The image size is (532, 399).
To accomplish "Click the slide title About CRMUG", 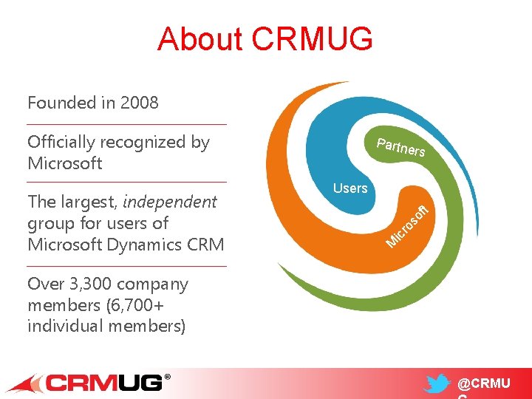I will tap(265, 39).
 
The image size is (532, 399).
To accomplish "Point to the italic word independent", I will tap(169, 202).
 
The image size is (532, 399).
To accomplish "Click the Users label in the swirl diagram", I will tap(350, 188).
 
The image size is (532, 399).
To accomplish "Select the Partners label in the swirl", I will tap(400, 146).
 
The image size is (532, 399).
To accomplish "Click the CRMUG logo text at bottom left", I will tap(104, 383).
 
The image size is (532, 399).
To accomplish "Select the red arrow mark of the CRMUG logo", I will tap(27, 383).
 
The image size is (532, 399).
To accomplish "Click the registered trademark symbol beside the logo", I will tap(167, 377).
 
